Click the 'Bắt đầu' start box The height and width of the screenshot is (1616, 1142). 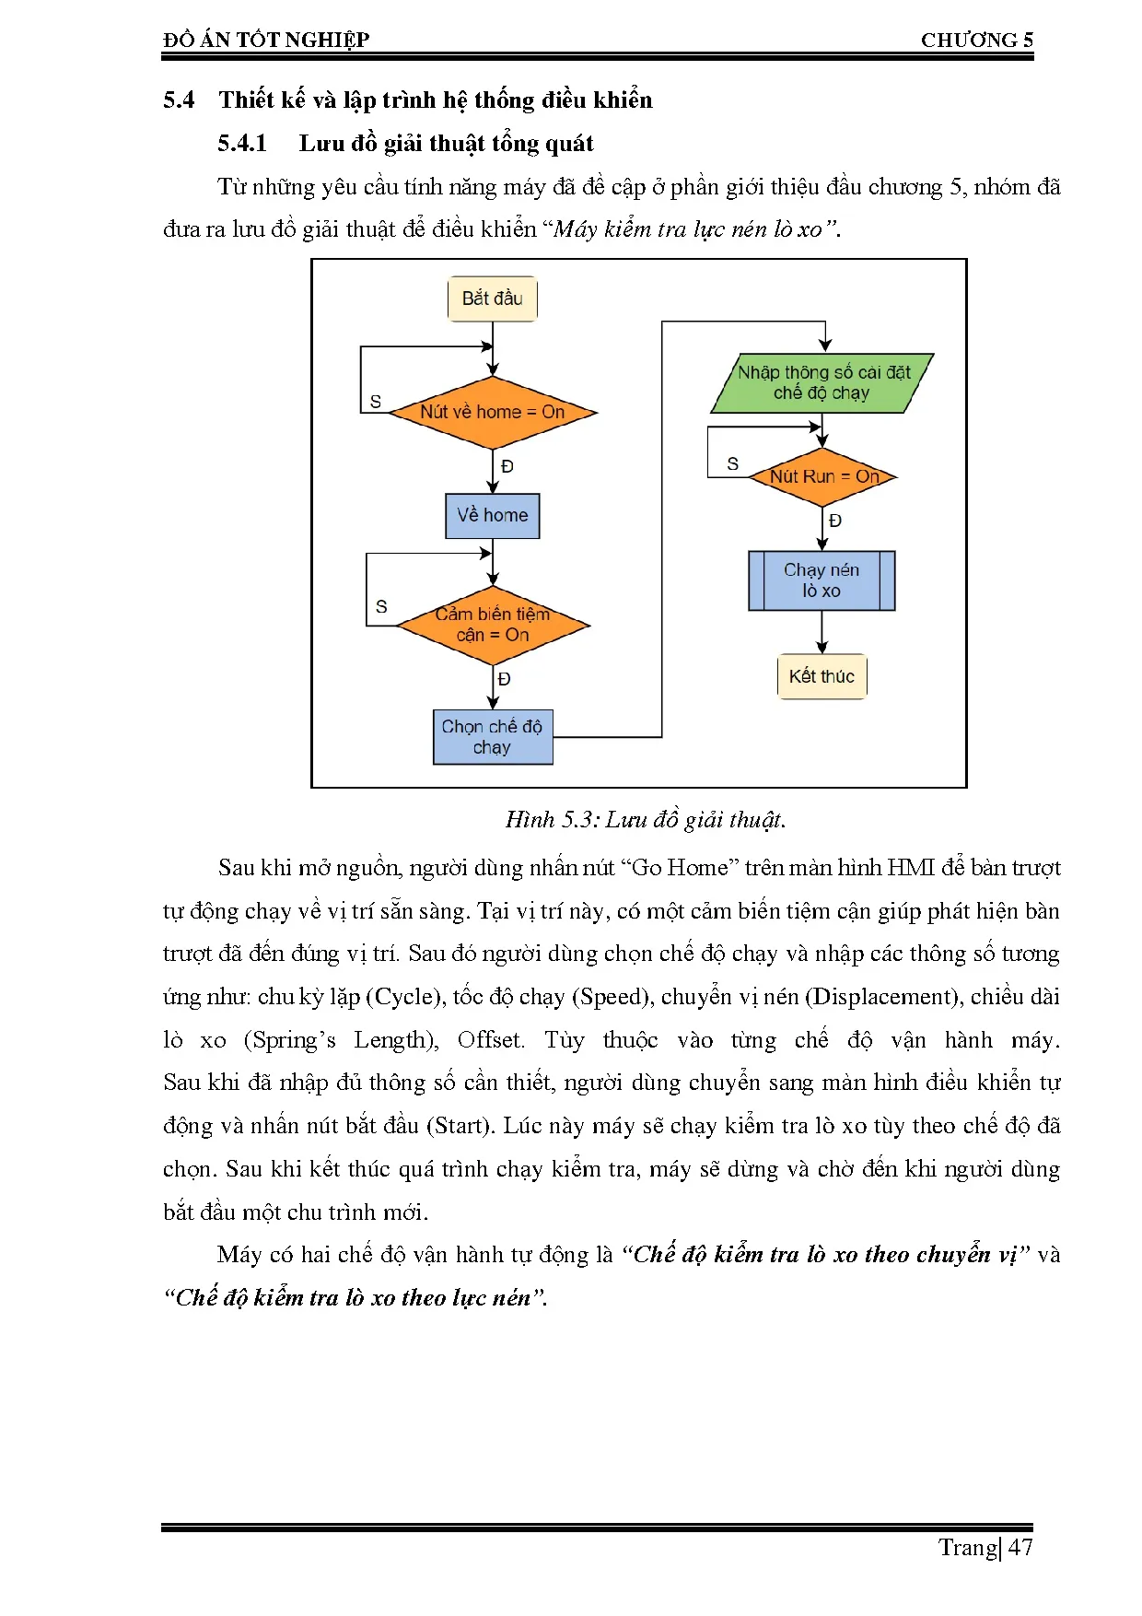point(492,299)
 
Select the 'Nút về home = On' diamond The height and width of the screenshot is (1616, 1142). point(493,412)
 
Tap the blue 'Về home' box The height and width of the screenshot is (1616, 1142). point(492,515)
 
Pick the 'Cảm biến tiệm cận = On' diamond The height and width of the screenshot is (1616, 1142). point(493,625)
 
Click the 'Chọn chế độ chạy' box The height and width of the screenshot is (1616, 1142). point(493,737)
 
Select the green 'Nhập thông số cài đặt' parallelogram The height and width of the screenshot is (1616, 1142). point(822,382)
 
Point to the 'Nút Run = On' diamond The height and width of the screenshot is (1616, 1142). point(822,476)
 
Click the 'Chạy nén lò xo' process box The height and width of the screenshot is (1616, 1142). point(822,580)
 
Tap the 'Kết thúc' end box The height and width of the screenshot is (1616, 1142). point(822,676)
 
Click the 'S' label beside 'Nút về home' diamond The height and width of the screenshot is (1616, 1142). point(376,402)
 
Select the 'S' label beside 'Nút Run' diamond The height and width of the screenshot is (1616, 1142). point(732,463)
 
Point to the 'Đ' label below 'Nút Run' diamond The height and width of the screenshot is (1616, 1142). point(835,521)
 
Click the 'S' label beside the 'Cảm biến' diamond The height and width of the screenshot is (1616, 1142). point(381,606)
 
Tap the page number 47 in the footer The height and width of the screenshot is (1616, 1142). point(1020,1547)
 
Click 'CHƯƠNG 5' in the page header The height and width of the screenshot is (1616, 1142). point(976,40)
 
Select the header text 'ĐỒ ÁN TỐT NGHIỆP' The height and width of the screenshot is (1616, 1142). point(266,40)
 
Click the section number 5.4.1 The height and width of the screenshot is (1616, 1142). point(242,143)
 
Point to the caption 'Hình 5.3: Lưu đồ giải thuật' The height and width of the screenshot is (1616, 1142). point(645,819)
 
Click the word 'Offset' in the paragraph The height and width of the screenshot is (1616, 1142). point(490,1039)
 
